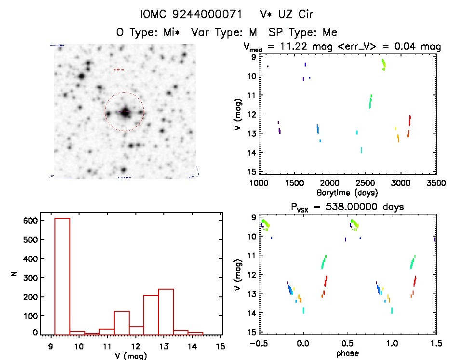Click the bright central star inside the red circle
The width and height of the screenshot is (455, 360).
pyautogui.click(x=125, y=113)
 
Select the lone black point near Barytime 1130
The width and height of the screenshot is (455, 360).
pyautogui.click(x=268, y=66)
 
